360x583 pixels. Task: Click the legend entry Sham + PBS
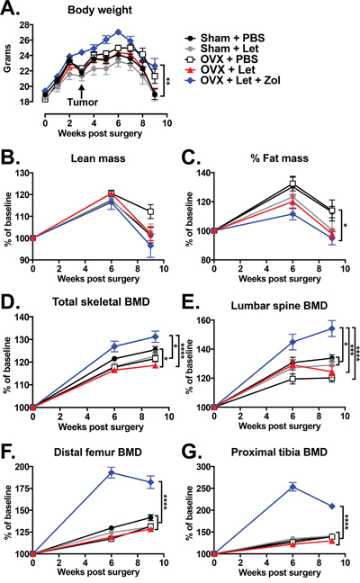coord(225,38)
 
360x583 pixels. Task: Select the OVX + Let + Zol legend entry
coord(232,80)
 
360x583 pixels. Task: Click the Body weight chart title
coord(100,10)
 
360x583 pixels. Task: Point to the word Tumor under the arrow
coord(83,103)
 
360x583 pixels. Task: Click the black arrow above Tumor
coord(82,90)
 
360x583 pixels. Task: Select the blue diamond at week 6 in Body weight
coord(118,32)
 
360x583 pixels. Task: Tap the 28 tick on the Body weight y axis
coord(25,25)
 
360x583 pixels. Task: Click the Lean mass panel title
coord(98,158)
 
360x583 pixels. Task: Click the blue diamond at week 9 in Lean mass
coord(150,246)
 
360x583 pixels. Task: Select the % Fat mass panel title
coord(280,158)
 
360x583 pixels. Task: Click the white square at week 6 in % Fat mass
coord(292,184)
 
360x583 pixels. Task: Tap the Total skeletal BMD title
coord(101,301)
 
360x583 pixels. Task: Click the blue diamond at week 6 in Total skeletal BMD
coord(114,346)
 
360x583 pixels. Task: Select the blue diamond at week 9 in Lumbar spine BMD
coord(332,328)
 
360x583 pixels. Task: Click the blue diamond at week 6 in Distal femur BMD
coord(112,472)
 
